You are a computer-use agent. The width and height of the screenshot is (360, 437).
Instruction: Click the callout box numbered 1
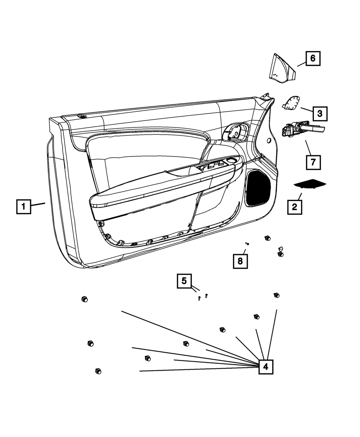pos(23,207)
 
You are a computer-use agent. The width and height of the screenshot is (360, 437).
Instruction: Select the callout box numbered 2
pos(294,207)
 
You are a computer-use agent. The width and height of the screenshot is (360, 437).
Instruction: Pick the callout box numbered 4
pos(266,367)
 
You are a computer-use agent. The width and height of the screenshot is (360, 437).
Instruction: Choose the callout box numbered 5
pos(184,281)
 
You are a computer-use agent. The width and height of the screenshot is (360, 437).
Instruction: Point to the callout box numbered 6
pos(313,58)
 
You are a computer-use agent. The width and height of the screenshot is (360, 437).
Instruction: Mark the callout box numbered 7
pos(313,162)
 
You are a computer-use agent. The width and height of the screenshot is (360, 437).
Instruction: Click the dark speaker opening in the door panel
pos(258,188)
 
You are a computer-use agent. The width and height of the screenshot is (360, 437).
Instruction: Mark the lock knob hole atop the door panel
pos(82,116)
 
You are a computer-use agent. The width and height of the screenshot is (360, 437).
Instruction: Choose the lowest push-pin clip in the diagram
pos(98,371)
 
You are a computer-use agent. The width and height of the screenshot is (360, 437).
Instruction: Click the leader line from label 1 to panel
pos(38,205)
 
